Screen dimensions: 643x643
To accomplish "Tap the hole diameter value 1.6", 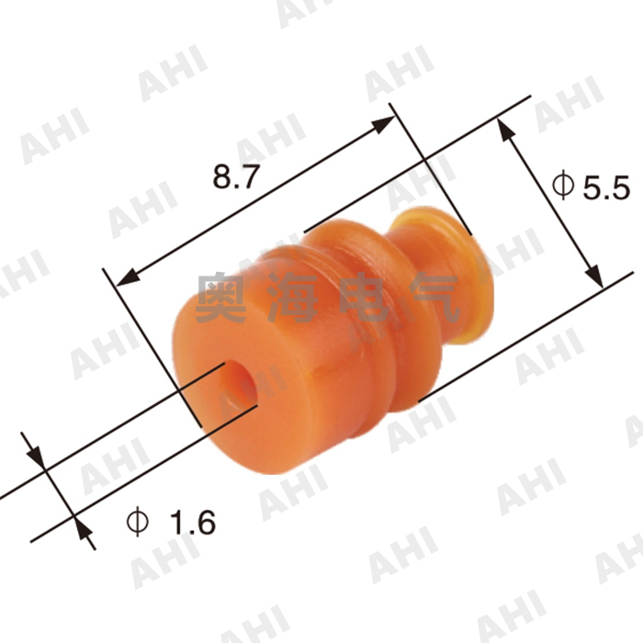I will tap(193, 523).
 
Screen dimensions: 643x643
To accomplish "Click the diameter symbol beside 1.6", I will tap(138, 522).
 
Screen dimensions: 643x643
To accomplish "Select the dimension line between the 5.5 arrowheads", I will tap(549, 203).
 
